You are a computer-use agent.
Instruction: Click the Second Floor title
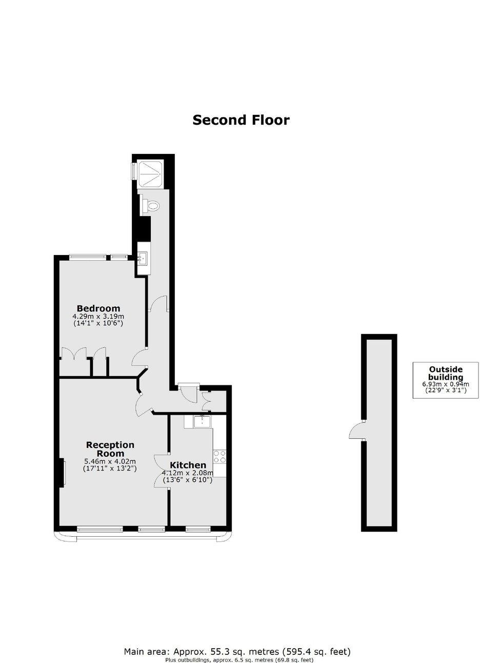tap(240, 120)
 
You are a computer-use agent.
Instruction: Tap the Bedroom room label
tap(98, 308)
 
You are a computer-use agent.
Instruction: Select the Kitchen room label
tap(188, 465)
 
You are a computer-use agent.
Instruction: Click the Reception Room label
tap(110, 449)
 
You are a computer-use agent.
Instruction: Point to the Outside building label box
tap(445, 380)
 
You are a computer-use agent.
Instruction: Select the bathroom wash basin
tap(143, 259)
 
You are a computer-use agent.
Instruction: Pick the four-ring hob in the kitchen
tap(219, 456)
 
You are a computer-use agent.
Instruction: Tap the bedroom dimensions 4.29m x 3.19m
tap(98, 317)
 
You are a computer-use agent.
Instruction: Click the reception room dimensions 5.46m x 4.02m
tap(110, 461)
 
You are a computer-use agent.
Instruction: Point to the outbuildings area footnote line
tap(239, 657)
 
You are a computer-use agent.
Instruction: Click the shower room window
tap(134, 170)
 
